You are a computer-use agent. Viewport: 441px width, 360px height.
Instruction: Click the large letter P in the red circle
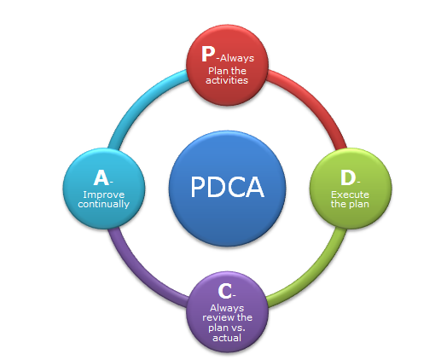208,54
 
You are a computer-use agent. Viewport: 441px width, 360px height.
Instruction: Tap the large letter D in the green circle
348,177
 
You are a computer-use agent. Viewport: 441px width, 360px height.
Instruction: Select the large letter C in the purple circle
225,291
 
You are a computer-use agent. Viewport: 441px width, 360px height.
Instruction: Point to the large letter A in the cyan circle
102,177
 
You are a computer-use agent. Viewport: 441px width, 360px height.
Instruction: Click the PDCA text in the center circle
227,187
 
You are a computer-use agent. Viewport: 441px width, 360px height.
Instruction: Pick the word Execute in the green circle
350,195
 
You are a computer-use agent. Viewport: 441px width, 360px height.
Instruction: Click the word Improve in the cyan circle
104,195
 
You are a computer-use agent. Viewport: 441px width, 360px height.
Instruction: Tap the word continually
104,204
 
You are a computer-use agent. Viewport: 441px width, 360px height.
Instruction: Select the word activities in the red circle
227,80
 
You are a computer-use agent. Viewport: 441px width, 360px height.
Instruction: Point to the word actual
227,338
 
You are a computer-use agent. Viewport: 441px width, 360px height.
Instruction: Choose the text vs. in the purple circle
238,328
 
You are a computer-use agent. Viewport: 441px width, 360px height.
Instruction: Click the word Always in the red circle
237,58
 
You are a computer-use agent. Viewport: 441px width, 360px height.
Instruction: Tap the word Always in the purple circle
227,308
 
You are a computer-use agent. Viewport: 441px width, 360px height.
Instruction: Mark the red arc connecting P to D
314,102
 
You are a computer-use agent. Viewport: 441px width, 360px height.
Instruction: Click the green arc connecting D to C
314,274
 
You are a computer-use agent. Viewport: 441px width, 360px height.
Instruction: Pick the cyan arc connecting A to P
142,102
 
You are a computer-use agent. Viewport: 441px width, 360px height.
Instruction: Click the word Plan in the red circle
218,71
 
